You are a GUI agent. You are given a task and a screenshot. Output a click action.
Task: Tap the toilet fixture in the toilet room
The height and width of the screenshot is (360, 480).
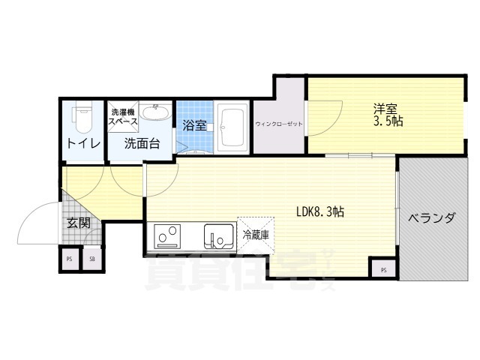82,116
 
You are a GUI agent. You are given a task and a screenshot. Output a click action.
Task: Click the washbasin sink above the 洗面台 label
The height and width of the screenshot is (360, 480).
155,114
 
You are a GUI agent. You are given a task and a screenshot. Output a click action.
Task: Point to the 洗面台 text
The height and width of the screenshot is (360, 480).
141,143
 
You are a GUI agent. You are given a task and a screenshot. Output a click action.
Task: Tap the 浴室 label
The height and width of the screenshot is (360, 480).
194,125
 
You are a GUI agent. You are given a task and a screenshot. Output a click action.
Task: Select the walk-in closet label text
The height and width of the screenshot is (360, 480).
279,124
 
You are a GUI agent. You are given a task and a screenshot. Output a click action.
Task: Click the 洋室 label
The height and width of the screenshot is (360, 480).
387,107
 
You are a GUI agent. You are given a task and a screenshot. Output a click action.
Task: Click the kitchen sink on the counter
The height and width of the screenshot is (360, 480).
220,238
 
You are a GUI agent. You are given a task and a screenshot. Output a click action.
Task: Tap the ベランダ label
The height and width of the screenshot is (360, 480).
432,219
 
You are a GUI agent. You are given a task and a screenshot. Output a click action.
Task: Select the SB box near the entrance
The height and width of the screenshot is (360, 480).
92,259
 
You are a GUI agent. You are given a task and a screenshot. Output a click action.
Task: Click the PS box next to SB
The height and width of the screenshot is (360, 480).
70,259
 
